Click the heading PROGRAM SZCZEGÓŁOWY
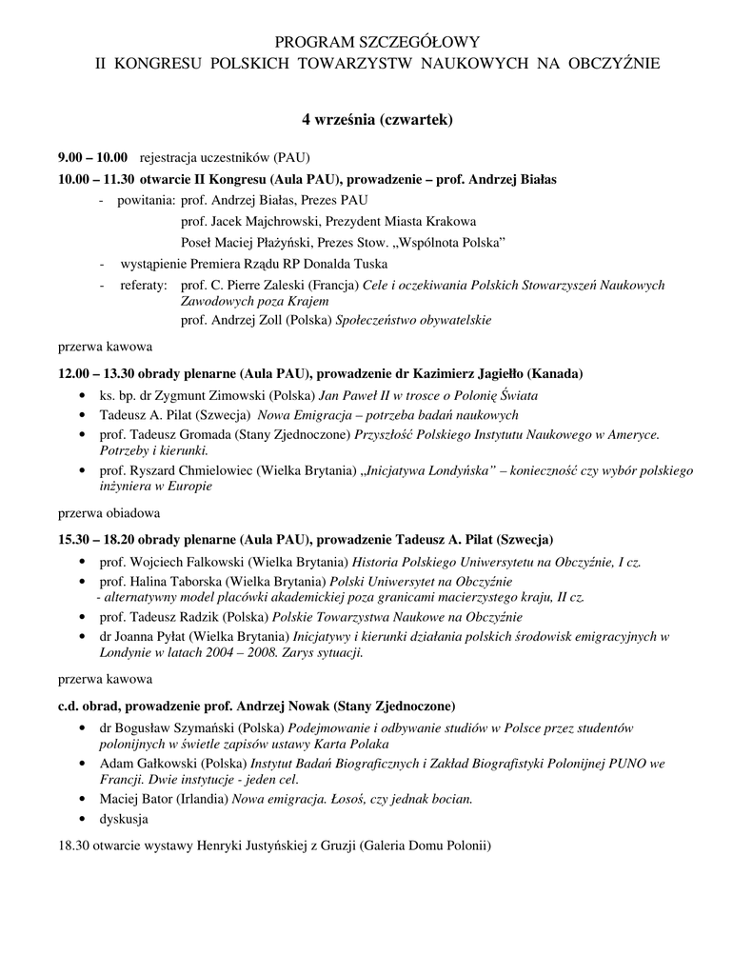376,43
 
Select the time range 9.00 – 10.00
92,157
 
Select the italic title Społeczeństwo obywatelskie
413,320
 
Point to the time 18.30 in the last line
74,846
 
